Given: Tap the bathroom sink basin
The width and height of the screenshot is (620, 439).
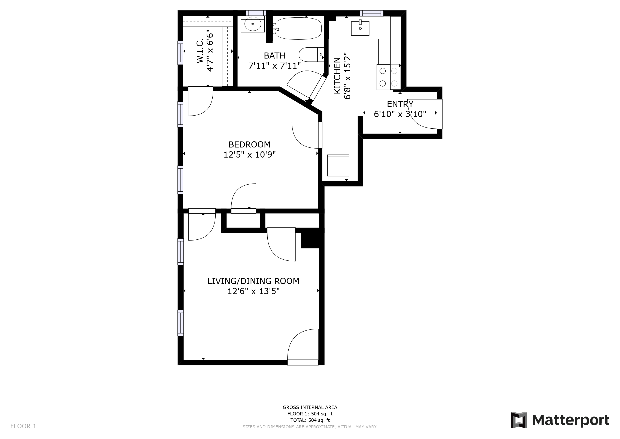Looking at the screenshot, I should [253, 24].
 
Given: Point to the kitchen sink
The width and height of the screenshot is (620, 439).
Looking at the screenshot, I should [360, 28].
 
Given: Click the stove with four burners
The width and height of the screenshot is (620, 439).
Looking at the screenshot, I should [388, 77].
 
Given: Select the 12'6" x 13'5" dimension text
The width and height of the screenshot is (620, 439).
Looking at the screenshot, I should [253, 291].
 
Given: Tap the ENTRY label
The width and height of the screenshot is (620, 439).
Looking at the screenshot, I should [400, 104].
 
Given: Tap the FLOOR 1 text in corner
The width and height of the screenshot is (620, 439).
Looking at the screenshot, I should [23, 426].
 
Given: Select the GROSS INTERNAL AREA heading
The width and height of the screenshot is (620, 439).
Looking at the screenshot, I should [310, 407].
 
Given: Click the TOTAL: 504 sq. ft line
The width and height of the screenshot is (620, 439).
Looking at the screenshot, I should [310, 420].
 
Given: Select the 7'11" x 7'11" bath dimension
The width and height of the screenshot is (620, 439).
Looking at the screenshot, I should [274, 66].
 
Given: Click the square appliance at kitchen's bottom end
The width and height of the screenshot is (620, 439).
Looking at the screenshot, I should [338, 165].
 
